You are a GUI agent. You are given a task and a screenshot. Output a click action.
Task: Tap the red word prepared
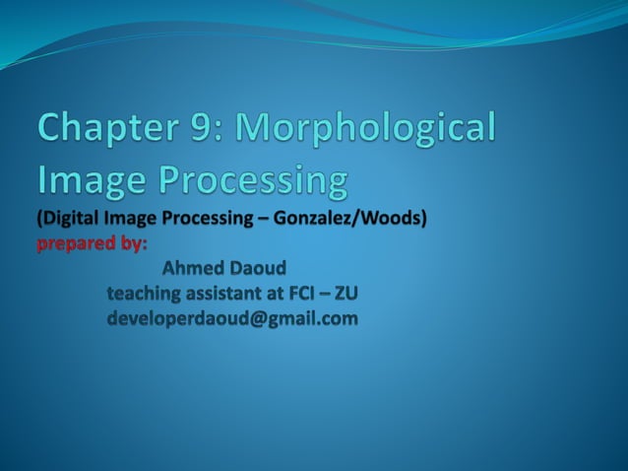77,243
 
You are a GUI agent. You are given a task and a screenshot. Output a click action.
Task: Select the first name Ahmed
193,268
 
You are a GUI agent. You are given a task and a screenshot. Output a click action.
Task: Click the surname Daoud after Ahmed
257,268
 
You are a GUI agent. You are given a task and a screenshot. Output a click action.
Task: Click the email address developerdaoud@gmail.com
232,319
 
